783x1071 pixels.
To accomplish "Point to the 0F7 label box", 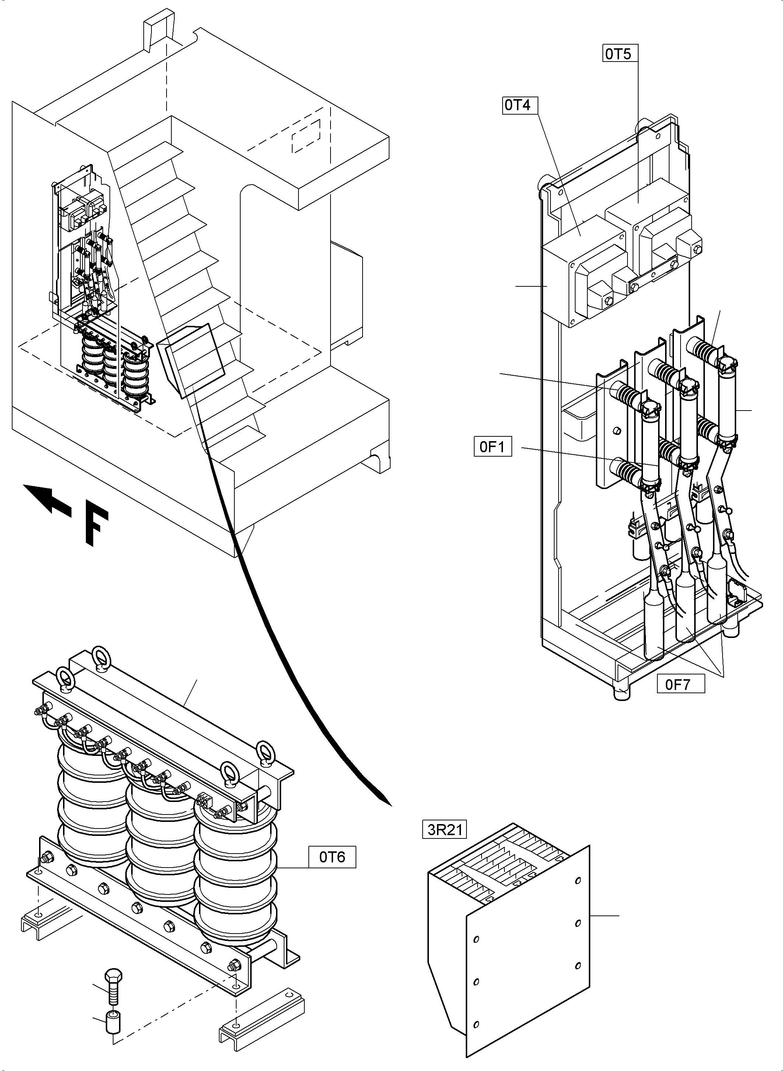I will (x=681, y=684).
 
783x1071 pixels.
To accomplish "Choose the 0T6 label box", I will (x=332, y=857).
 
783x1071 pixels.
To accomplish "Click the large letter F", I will (x=97, y=528).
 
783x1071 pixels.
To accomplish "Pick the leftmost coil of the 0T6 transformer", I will (x=90, y=806).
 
